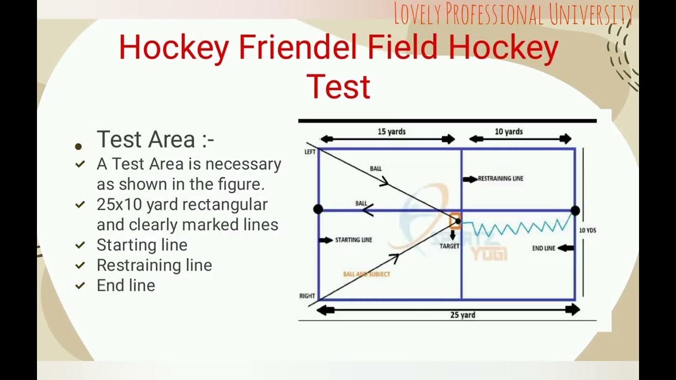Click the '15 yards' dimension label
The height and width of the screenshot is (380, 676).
pyautogui.click(x=391, y=131)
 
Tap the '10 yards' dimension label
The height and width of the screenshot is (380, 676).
pyautogui.click(x=509, y=131)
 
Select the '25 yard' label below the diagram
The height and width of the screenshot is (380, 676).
pyautogui.click(x=463, y=315)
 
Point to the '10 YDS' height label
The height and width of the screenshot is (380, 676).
pyautogui.click(x=587, y=230)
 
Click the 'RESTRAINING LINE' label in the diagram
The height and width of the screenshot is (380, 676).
pyautogui.click(x=500, y=179)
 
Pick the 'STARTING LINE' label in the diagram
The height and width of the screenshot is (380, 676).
pyautogui.click(x=353, y=240)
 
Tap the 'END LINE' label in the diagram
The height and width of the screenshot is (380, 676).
pyautogui.click(x=543, y=248)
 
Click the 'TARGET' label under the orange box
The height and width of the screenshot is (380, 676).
pyautogui.click(x=449, y=246)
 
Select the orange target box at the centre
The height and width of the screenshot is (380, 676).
pyautogui.click(x=455, y=222)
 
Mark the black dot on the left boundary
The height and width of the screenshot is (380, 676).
pyautogui.click(x=318, y=209)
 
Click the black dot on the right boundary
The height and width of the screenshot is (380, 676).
pyautogui.click(x=575, y=211)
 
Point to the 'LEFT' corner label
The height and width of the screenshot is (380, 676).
pyautogui.click(x=310, y=151)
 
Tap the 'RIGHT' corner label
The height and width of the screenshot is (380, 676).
pyautogui.click(x=307, y=296)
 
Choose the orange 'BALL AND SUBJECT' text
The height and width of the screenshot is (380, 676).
pyautogui.click(x=367, y=274)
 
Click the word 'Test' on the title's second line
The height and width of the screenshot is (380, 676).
pyautogui.click(x=338, y=87)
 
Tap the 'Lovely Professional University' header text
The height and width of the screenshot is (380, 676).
pyautogui.click(x=513, y=14)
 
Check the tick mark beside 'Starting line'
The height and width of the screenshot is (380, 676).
pyautogui.click(x=80, y=245)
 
